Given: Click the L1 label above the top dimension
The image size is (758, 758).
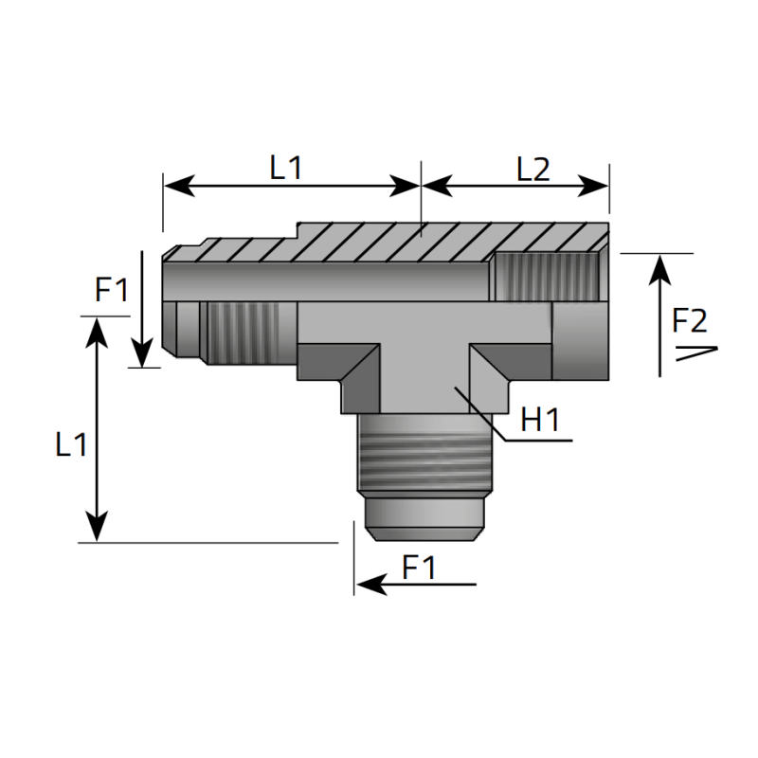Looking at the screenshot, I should (285, 168).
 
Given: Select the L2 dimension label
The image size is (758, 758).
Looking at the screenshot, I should (533, 168).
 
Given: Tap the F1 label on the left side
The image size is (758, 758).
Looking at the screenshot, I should (111, 289).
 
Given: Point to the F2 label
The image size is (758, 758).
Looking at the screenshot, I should (689, 321).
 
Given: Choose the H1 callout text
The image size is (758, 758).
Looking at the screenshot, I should (541, 421).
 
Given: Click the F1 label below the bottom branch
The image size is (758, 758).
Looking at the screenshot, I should (419, 568).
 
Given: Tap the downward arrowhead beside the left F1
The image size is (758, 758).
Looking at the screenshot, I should (141, 354).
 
